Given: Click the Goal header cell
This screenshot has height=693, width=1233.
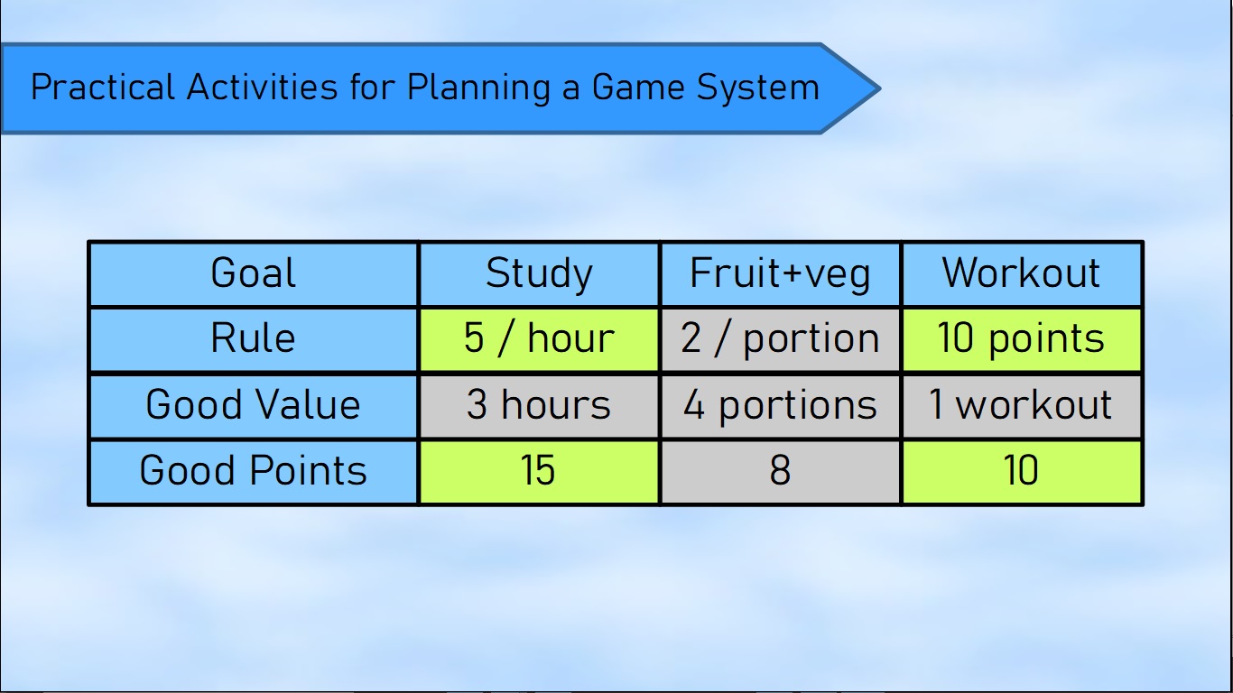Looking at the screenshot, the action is [254, 273].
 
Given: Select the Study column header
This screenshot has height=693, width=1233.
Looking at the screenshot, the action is [540, 273].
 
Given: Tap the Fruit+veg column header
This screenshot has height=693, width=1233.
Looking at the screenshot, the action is [781, 273].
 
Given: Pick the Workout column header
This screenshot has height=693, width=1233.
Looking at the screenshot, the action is [1022, 273].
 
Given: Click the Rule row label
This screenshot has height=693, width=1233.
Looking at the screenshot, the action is [254, 339].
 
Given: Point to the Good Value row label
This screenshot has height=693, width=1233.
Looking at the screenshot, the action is [254, 406].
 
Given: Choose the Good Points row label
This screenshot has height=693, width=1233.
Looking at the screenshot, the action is [254, 472].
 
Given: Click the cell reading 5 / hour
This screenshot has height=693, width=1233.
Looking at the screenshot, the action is [540, 339].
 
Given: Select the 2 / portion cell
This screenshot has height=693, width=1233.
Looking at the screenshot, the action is [781, 339].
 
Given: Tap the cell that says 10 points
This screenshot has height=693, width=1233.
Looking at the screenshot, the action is [1022, 339].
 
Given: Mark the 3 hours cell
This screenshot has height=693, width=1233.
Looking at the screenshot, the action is [540, 406].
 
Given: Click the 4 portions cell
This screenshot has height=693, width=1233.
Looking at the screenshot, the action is [781, 406].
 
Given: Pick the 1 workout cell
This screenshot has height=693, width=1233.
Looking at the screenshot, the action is [1022, 406].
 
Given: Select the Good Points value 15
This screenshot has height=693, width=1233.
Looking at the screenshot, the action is [540, 472].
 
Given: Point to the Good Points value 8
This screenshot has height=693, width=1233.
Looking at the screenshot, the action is [781, 472].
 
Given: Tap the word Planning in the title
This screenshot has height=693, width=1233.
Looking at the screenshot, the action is [478, 88].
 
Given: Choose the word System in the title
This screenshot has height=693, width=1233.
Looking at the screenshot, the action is [758, 88].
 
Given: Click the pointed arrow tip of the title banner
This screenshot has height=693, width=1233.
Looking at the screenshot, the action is [880, 88].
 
